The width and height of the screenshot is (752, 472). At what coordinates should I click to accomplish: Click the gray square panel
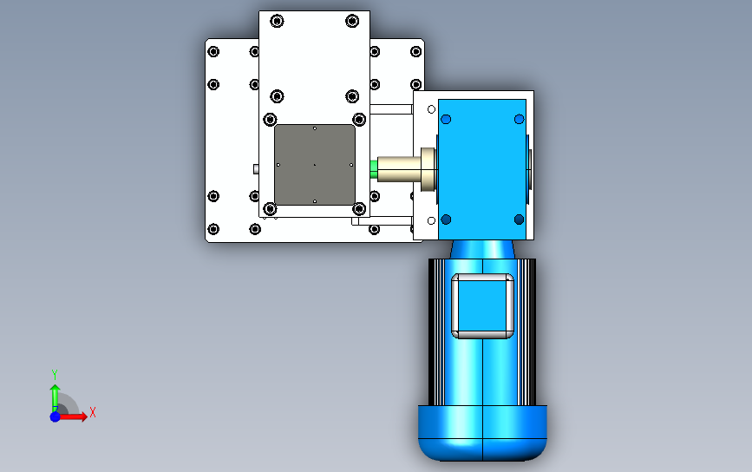coord(315,165)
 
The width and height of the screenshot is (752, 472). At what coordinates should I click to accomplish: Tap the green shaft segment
coord(374,169)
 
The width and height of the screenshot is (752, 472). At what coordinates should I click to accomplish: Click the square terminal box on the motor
coord(482,306)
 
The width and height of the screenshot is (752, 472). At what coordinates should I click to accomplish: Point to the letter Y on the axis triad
coord(55,374)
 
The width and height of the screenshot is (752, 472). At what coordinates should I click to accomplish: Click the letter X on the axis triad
coord(93,412)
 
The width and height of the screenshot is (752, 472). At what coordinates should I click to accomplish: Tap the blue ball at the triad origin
coord(56,416)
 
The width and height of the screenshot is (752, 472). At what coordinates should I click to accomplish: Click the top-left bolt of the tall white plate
coord(277,21)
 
